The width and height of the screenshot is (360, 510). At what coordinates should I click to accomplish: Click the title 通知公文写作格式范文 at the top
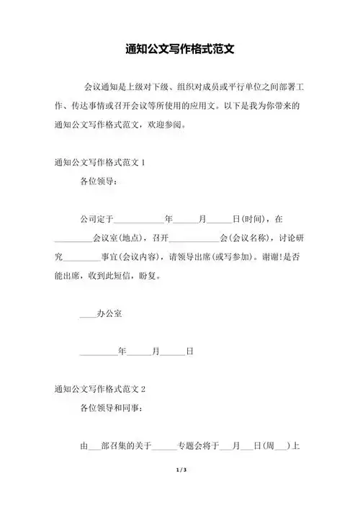click(180, 51)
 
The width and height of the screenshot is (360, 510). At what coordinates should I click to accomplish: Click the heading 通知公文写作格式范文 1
click(100, 162)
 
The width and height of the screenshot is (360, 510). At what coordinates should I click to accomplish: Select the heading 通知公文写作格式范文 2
click(100, 389)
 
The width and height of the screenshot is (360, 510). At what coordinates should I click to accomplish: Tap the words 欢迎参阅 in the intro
click(168, 124)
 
